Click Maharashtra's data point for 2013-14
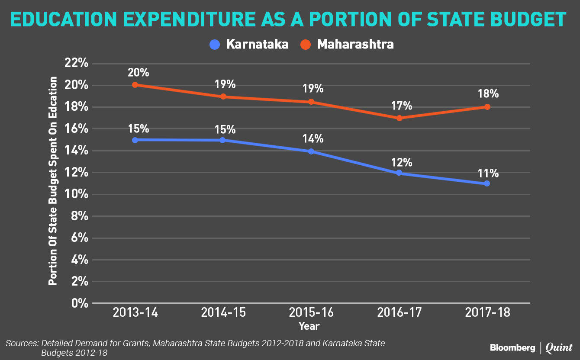pos(135,85)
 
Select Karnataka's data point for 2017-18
pos(487,183)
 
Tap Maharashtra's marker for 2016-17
pos(399,118)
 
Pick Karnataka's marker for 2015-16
pos(311,151)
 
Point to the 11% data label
pos(488,174)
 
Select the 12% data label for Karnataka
pos(401,163)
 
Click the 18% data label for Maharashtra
pos(488,94)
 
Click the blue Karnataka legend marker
pos(215,44)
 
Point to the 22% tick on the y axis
pos(76,63)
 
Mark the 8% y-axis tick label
pos(79,216)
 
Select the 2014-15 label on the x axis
pos(223,312)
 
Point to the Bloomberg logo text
pos(512,347)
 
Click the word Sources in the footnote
pos(22,344)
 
